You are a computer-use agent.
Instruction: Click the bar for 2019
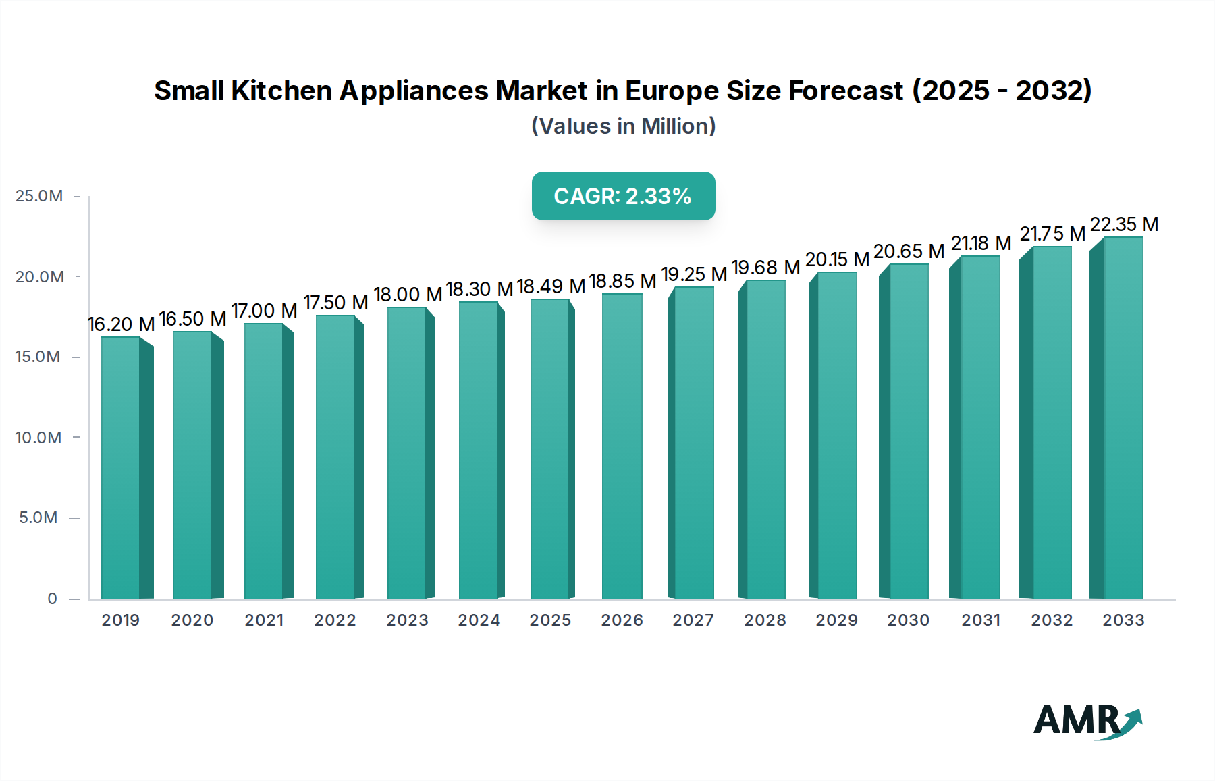pyautogui.click(x=122, y=468)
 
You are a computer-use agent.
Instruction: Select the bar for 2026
pyautogui.click(x=622, y=446)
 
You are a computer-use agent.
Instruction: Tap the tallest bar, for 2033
pyautogui.click(x=1123, y=418)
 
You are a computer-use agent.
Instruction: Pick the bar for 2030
pyautogui.click(x=908, y=431)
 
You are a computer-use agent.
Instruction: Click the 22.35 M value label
pyautogui.click(x=1124, y=224)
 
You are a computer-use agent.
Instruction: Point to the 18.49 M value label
pyautogui.click(x=551, y=286)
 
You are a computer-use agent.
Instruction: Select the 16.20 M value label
pyautogui.click(x=122, y=324)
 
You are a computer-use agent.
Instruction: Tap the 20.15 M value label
pyautogui.click(x=837, y=259)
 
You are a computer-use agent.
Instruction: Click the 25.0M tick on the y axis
pyautogui.click(x=39, y=196)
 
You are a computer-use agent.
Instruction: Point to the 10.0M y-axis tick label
pyautogui.click(x=38, y=438)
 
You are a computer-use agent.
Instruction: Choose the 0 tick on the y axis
pyautogui.click(x=52, y=599)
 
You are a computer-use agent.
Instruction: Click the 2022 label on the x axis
pyautogui.click(x=335, y=620)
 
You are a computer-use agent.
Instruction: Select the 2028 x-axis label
pyautogui.click(x=765, y=620)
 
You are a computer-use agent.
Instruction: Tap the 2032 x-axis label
pyautogui.click(x=1052, y=620)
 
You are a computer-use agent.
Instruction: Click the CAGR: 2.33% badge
pyautogui.click(x=623, y=196)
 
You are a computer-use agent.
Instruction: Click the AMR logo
pyautogui.click(x=1087, y=721)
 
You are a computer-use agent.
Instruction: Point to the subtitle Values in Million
pyautogui.click(x=623, y=126)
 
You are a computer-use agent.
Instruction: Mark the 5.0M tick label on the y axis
pyautogui.click(x=38, y=518)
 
